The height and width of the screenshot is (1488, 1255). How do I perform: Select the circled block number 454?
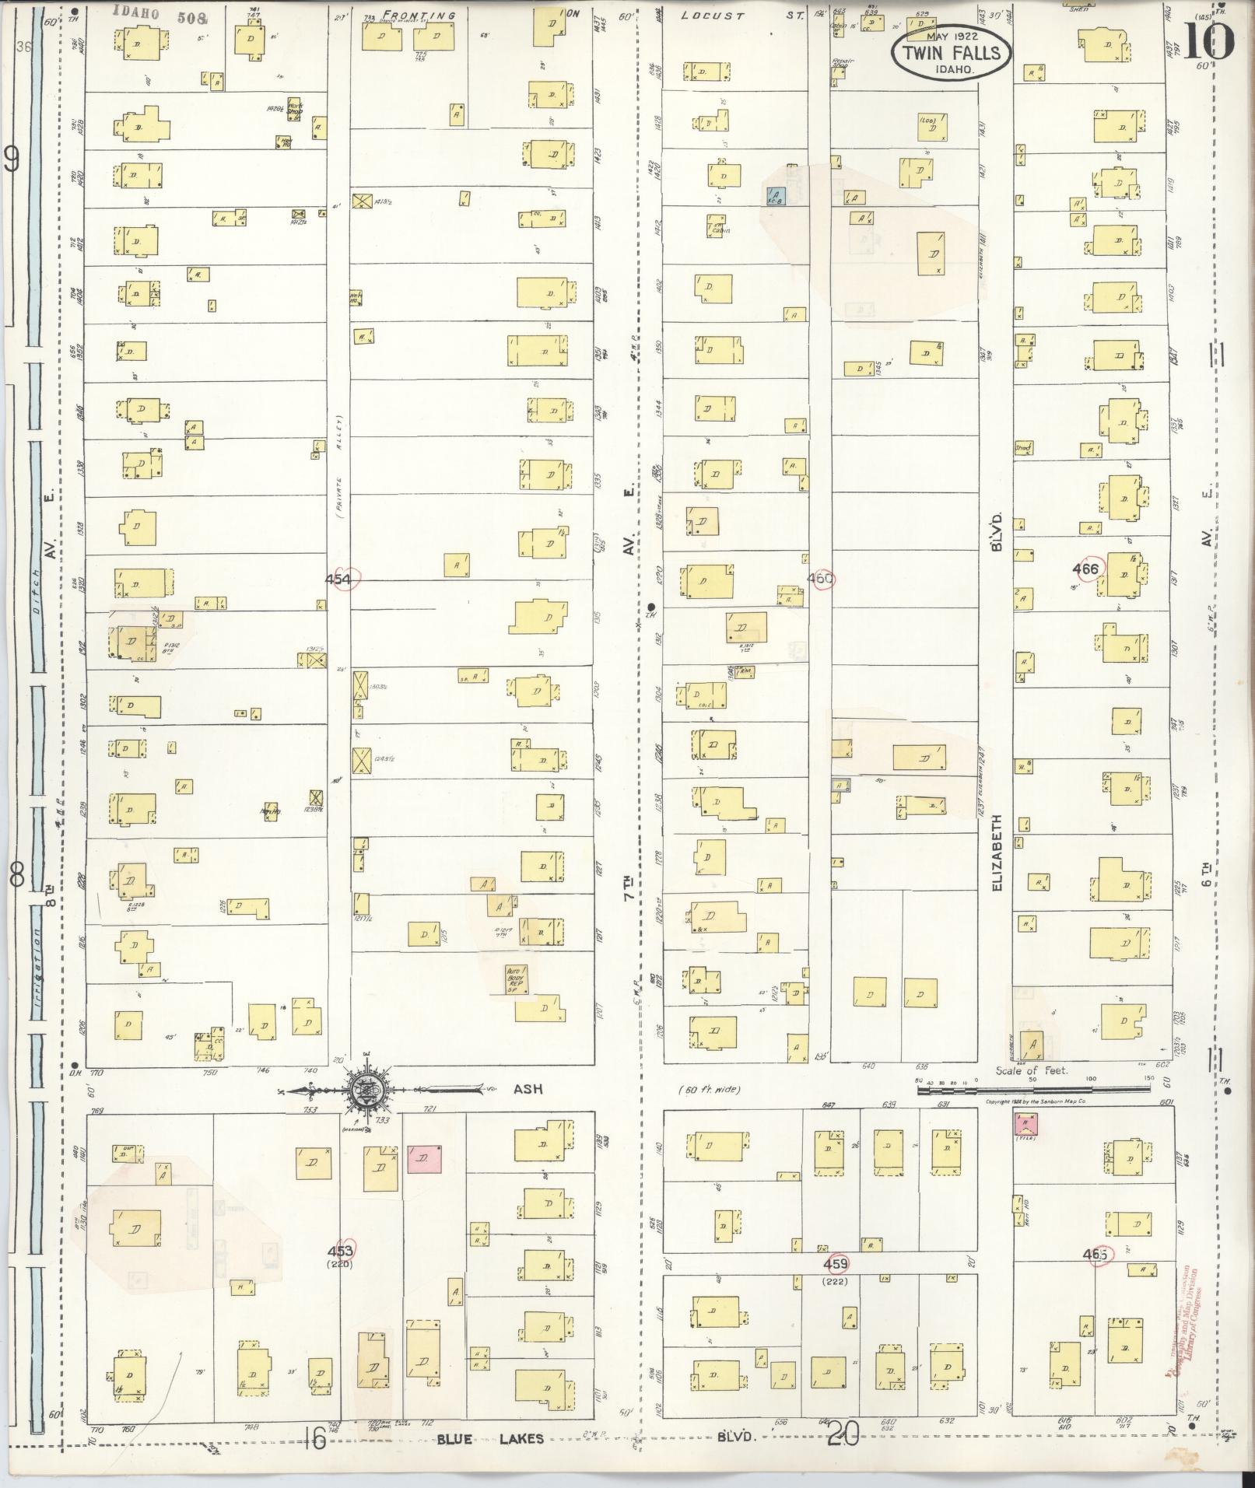pyautogui.click(x=341, y=579)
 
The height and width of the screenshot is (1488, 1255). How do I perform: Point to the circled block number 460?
pyautogui.click(x=821, y=578)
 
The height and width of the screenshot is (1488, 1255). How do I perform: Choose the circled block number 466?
pyautogui.click(x=1085, y=569)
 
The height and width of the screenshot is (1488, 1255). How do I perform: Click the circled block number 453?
pyautogui.click(x=341, y=1251)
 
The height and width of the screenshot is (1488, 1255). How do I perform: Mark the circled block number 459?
pyautogui.click(x=836, y=1264)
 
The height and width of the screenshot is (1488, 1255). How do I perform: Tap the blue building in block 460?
pyautogui.click(x=776, y=196)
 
